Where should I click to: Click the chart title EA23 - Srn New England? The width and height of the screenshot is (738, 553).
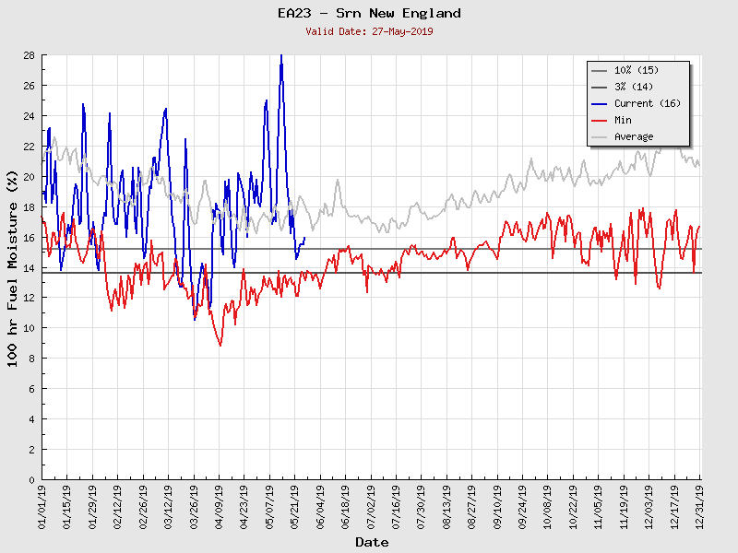coord(369,14)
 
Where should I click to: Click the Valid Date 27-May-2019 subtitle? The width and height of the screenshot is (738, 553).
coord(369,31)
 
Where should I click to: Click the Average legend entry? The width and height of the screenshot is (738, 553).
coord(634,136)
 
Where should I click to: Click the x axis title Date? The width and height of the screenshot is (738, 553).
coord(372,542)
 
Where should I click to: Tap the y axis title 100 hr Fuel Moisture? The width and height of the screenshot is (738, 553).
coord(13,267)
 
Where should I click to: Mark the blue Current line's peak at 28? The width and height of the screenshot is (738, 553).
coord(281,56)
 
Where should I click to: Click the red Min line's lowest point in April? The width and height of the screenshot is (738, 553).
coord(220,346)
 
